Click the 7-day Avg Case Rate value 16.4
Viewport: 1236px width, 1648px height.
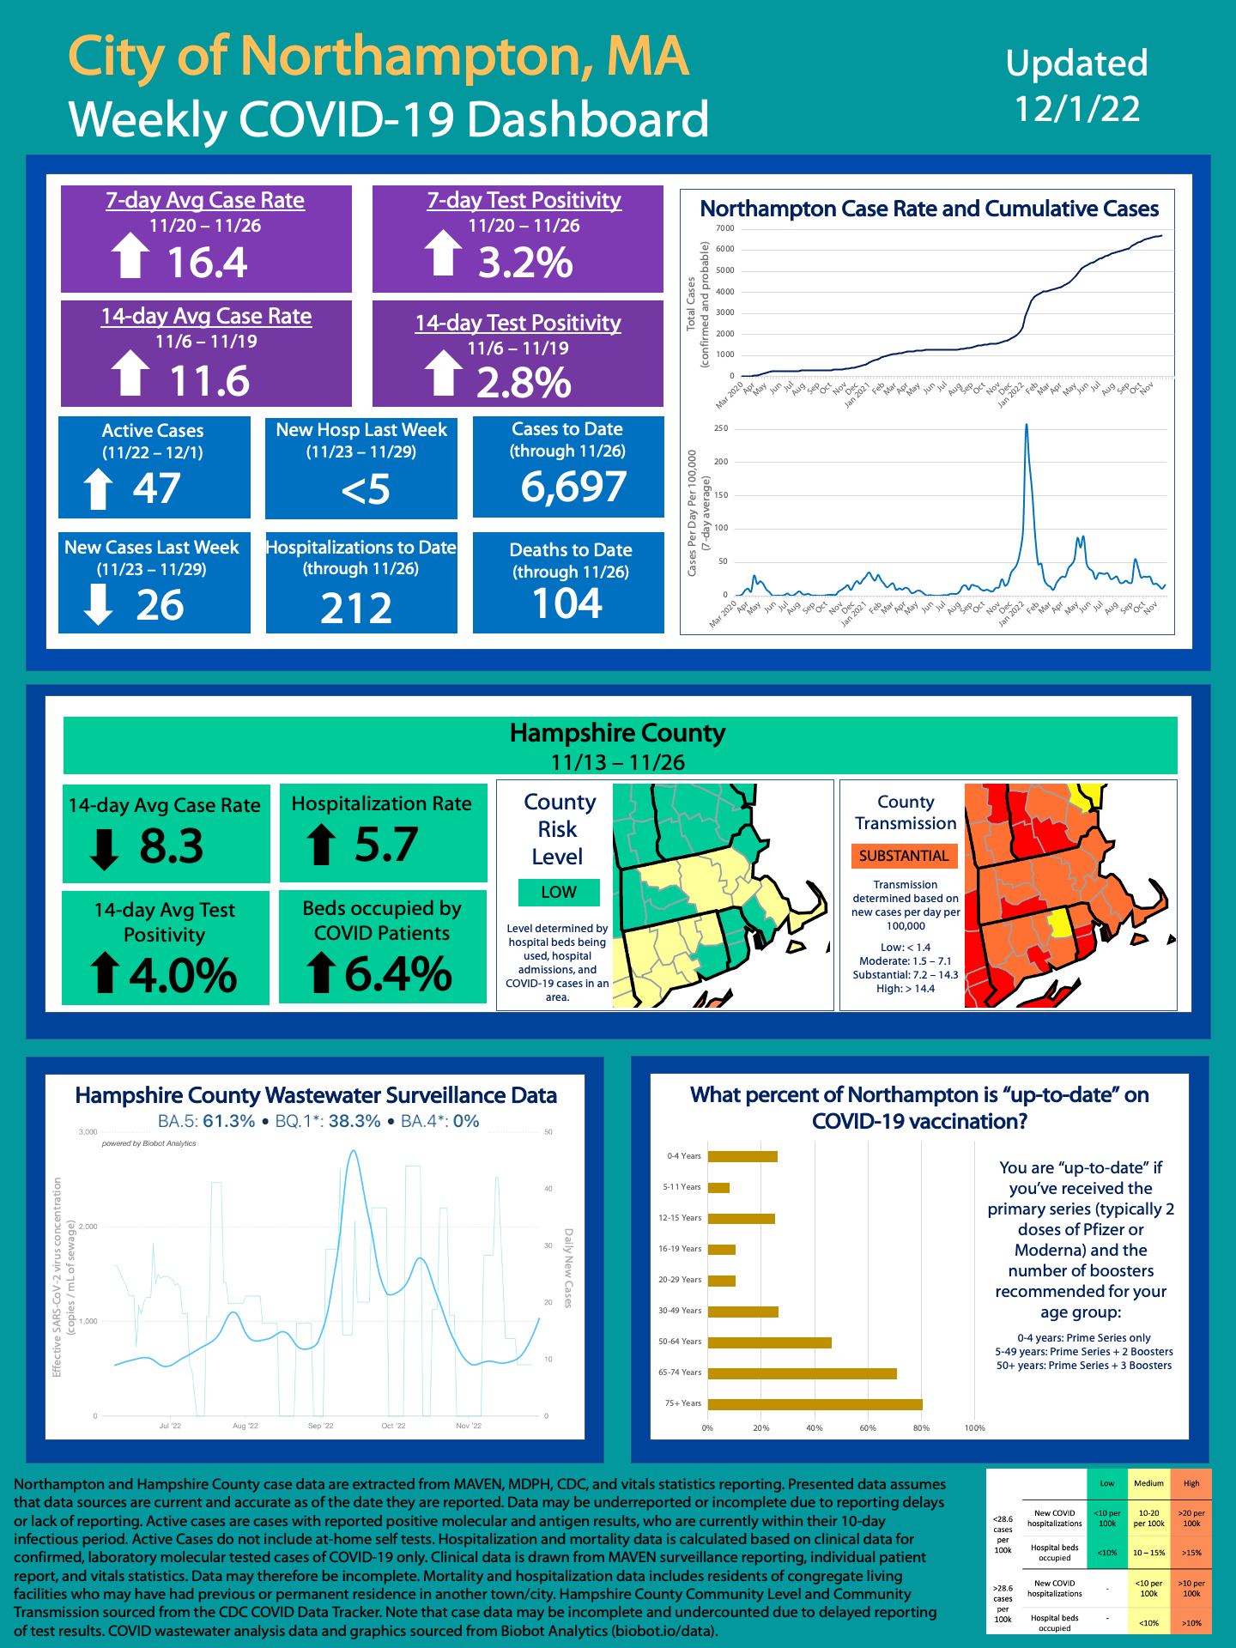207,263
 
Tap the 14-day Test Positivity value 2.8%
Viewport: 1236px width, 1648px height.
524,383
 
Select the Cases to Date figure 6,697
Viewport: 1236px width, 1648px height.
573,487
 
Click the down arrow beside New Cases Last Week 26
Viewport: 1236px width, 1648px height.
99,604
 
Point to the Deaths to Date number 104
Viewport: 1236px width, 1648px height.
567,603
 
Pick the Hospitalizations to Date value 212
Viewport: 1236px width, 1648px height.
356,609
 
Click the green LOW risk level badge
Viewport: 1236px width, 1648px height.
559,892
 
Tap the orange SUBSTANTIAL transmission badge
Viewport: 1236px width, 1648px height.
904,856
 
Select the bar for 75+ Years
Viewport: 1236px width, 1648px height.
815,1404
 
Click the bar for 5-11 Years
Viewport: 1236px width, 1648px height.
718,1188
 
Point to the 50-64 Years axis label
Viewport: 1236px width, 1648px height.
680,1342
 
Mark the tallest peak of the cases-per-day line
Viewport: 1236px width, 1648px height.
1027,425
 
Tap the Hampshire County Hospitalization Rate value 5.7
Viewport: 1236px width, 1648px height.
387,845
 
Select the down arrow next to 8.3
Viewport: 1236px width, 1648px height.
104,848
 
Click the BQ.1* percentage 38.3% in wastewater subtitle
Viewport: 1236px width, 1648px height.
354,1121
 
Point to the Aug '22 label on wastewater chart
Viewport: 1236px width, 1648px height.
245,1426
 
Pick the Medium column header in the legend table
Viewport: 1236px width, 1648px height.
1148,1483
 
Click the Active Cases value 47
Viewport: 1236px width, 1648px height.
156,489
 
